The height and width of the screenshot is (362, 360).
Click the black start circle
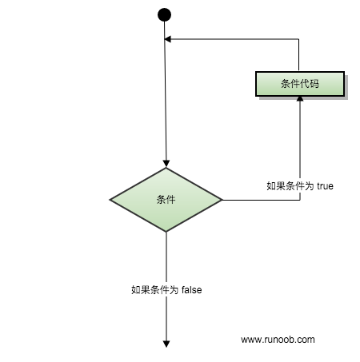(x=164, y=14)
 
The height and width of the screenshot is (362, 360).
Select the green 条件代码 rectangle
(x=300, y=84)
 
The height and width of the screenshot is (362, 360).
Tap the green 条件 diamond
(x=166, y=200)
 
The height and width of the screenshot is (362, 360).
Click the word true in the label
(x=325, y=186)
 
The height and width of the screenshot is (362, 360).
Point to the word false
(x=192, y=289)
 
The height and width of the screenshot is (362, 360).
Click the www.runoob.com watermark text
(x=278, y=340)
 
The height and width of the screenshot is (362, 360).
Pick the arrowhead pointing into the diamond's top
(x=166, y=164)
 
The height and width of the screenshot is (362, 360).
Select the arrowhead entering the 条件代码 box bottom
(x=300, y=98)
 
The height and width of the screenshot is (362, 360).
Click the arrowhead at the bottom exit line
(x=166, y=344)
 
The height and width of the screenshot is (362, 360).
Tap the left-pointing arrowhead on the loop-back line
(x=168, y=39)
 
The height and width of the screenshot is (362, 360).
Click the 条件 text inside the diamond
(x=166, y=200)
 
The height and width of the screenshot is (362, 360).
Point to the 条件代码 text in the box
(x=300, y=84)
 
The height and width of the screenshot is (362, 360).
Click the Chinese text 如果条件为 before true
(x=290, y=186)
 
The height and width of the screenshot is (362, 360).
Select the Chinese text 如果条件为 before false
(x=154, y=290)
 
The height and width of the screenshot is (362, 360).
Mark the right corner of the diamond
(x=222, y=200)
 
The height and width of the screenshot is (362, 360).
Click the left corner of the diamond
(x=110, y=200)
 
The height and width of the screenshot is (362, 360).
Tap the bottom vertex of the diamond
(x=166, y=232)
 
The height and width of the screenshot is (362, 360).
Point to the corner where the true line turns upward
(x=300, y=200)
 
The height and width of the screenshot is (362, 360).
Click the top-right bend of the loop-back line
(x=298, y=39)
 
